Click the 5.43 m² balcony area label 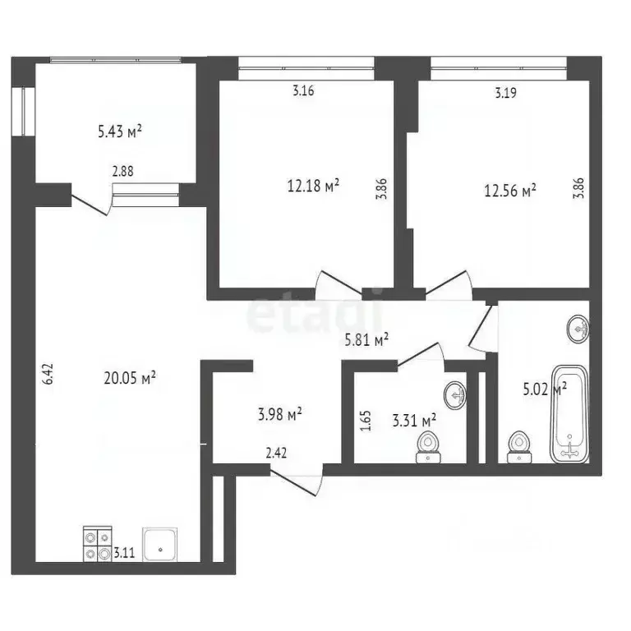pos(120,130)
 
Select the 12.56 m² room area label pos(510,191)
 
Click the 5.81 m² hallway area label pos(366,338)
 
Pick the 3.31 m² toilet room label pos(414,421)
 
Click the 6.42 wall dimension pos(48,375)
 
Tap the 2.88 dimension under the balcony pos(124,172)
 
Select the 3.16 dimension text pos(303,91)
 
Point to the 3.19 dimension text pos(505,93)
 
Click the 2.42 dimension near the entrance pos(276,451)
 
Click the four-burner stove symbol pos(97,543)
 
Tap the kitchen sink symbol pos(160,543)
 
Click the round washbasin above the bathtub pos(579,329)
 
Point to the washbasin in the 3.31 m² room pos(454,395)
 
